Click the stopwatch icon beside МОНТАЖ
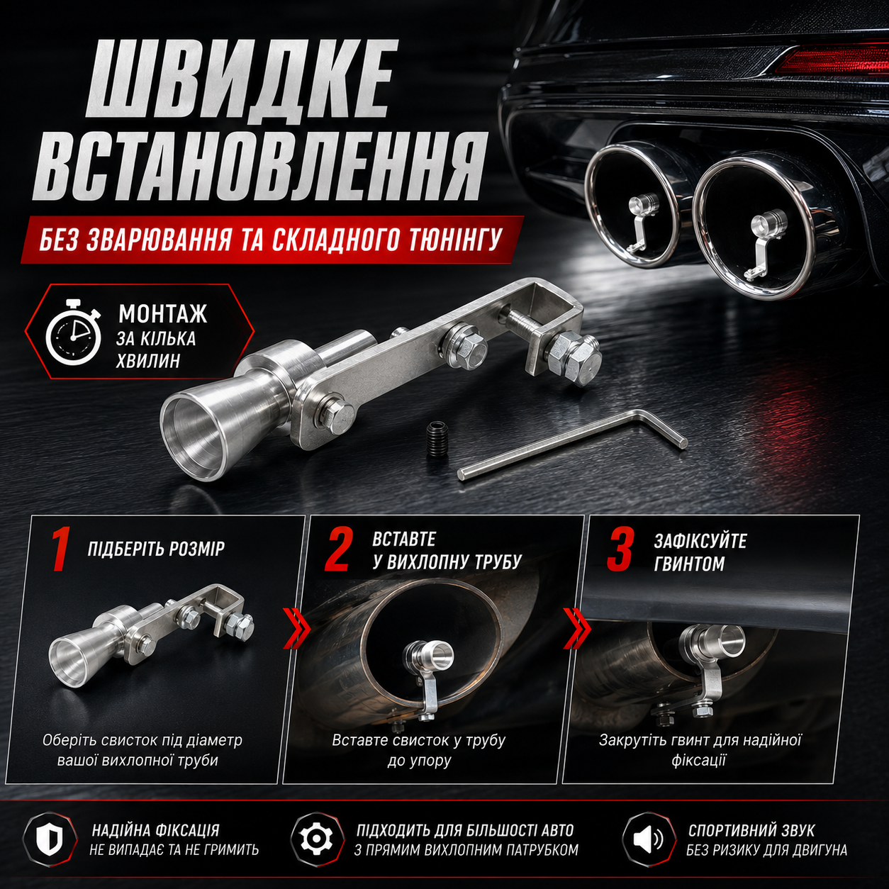[x=74, y=332]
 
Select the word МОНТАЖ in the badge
[x=162, y=314]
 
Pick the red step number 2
[x=339, y=549]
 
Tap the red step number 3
[x=620, y=549]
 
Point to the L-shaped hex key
[x=572, y=445]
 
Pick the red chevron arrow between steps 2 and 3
[x=576, y=628]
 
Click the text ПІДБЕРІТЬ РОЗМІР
[x=156, y=549]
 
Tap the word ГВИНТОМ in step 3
[x=689, y=564]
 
